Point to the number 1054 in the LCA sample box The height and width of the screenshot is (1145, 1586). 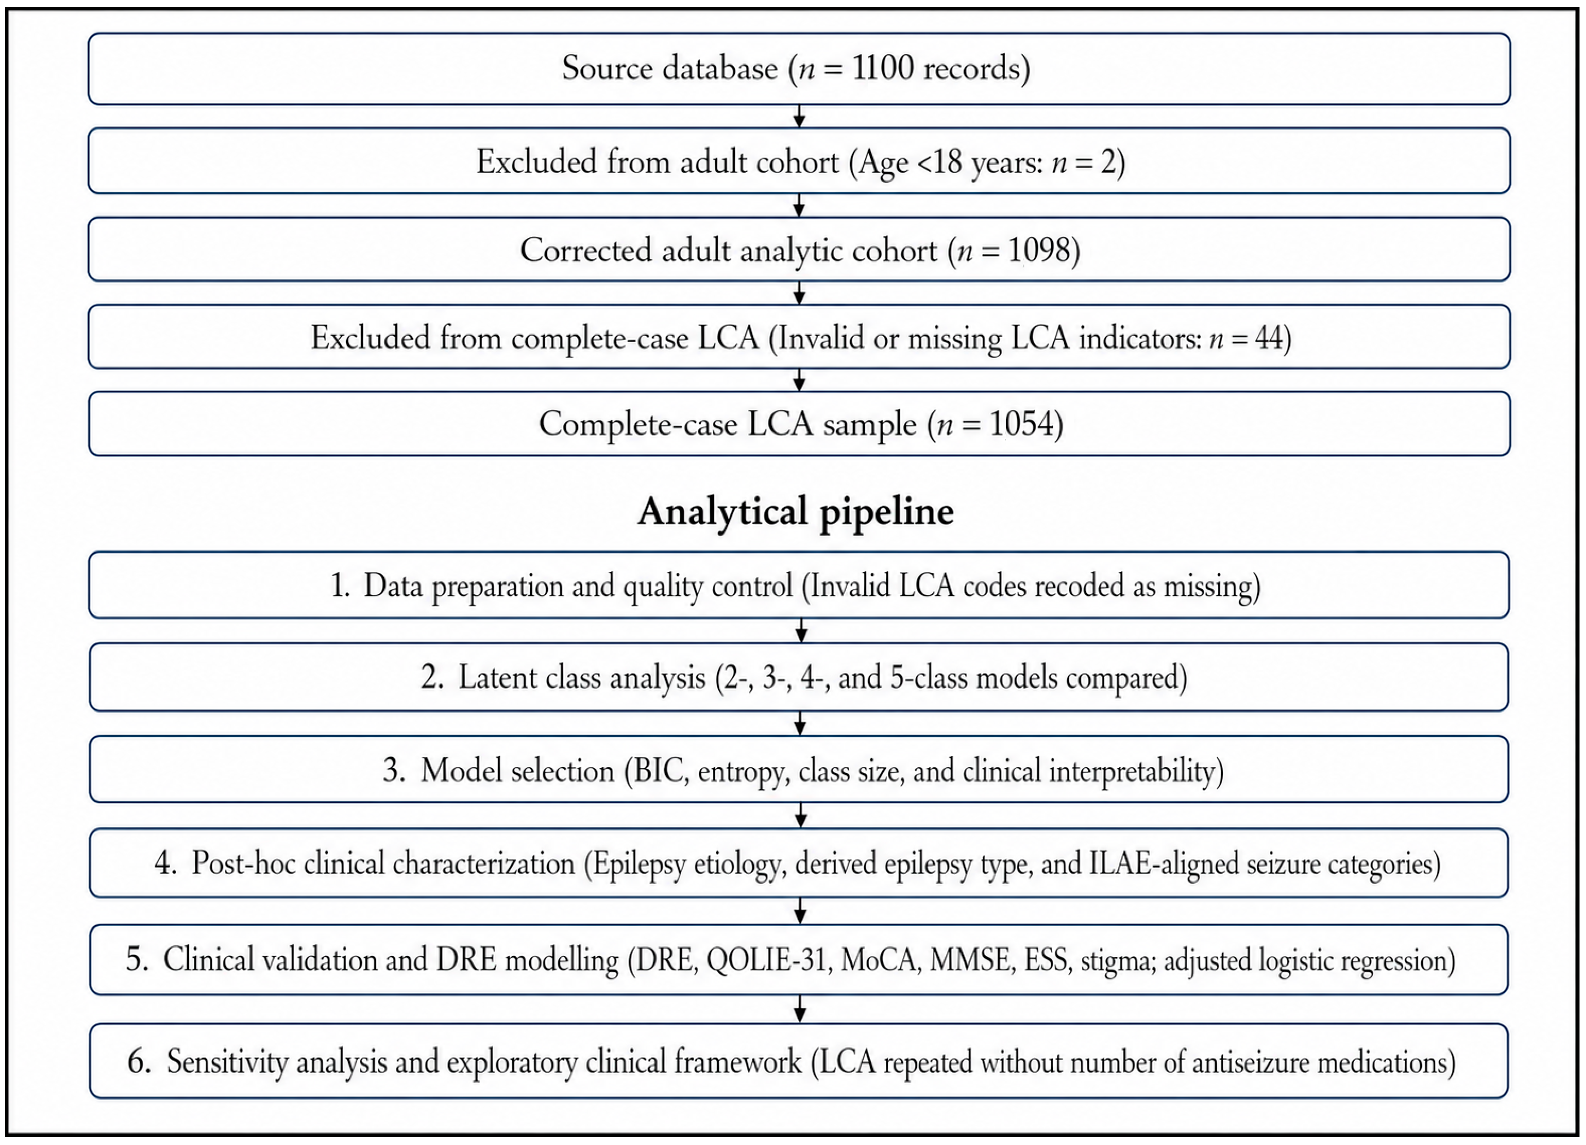(1022, 424)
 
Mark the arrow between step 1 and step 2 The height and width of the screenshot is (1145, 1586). (801, 630)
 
